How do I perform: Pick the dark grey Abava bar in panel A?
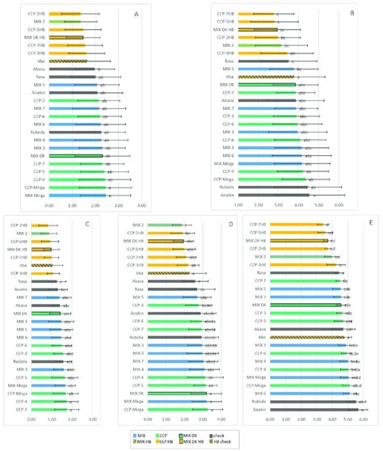(x=74, y=70)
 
